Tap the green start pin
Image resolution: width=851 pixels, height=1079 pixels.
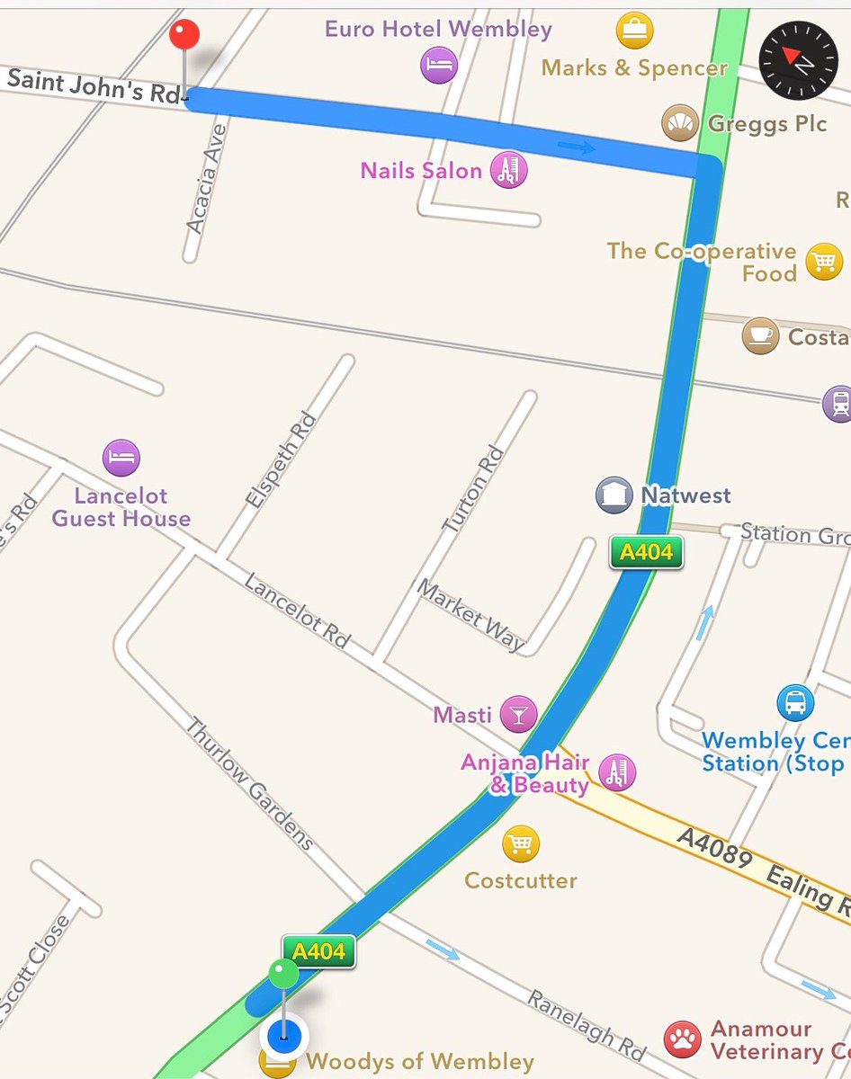[283, 974]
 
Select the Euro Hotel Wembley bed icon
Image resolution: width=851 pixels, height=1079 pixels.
[439, 66]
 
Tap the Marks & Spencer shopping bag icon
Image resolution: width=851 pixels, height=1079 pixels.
[635, 31]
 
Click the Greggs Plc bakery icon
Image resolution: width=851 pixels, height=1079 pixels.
[681, 122]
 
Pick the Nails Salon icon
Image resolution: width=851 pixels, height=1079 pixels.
[508, 170]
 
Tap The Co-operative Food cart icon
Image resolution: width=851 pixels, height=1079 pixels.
[824, 262]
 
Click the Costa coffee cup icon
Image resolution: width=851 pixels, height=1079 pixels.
[760, 335]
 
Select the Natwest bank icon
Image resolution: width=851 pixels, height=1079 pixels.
[614, 495]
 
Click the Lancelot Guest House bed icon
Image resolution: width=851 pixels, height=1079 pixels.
[121, 458]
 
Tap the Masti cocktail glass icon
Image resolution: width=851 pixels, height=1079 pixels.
[518, 715]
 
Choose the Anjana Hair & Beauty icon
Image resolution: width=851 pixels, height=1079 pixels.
[616, 772]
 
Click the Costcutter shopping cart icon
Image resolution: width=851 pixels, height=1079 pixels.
[521, 843]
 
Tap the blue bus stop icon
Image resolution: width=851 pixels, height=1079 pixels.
[795, 703]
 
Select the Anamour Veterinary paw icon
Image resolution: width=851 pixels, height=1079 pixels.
[683, 1039]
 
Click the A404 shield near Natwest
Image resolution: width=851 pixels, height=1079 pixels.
[646, 552]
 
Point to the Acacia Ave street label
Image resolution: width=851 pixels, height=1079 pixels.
[207, 180]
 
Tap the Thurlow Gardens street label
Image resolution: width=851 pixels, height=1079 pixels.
[249, 783]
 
